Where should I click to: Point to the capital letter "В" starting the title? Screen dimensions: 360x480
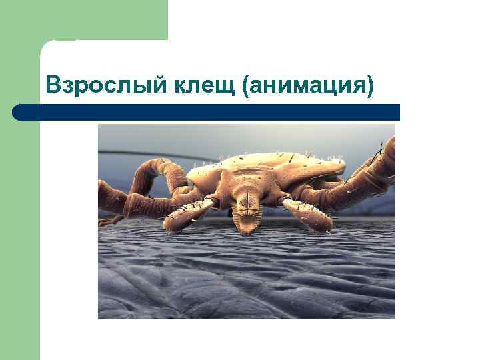52,85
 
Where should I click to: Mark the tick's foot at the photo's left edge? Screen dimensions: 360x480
107,219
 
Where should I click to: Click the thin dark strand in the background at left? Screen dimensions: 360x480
133,154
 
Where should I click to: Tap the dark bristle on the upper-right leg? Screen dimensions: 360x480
381,146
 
